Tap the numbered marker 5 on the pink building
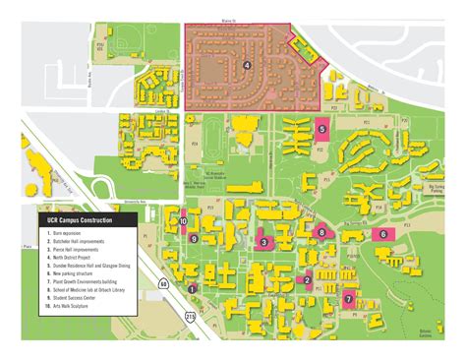(321, 128)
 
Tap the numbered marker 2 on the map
(308, 280)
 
